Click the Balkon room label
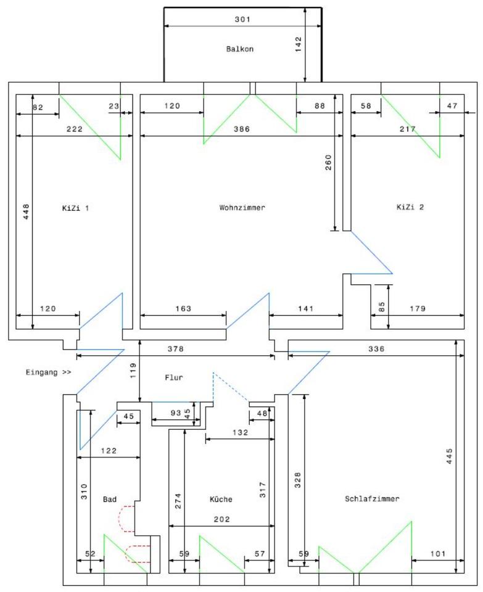coord(240,49)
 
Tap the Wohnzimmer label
coord(242,208)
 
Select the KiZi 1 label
coord(76,208)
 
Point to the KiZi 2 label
coord(410,207)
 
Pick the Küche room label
coord(221,499)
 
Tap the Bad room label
coord(110,499)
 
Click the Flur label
coord(173,377)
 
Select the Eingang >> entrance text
coord(49,372)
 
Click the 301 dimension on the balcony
coord(242,19)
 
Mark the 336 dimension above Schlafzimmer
coord(376,349)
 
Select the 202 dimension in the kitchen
coord(222,520)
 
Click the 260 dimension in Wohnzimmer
coord(329,162)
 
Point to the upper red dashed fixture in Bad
coord(127,518)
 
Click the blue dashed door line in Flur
coord(231,387)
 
